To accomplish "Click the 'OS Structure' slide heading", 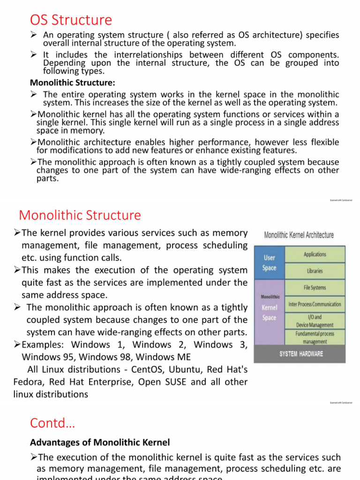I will pyautogui.click(x=71, y=20).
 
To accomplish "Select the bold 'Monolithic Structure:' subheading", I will pyautogui.click(x=72, y=82).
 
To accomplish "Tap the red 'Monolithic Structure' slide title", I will pyautogui.click(x=80, y=215).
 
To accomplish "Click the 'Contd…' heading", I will pyautogui.click(x=52, y=423).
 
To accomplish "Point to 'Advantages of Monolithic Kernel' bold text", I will pyautogui.click(x=99, y=442).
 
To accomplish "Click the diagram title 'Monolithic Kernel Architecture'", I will pyautogui.click(x=299, y=235).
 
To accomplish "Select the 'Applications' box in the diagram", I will pyautogui.click(x=315, y=255).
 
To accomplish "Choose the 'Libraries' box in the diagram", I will pyautogui.click(x=315, y=271).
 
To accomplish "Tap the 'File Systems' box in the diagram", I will pyautogui.click(x=315, y=287).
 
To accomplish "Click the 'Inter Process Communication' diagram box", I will pyautogui.click(x=315, y=304).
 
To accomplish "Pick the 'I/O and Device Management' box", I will pyautogui.click(x=315, y=321).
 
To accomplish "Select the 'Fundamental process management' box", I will pyautogui.click(x=315, y=337).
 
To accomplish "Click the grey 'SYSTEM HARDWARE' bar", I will pyautogui.click(x=300, y=354).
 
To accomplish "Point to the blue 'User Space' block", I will pyautogui.click(x=269, y=262).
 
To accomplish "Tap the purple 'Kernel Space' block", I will pyautogui.click(x=269, y=312).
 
